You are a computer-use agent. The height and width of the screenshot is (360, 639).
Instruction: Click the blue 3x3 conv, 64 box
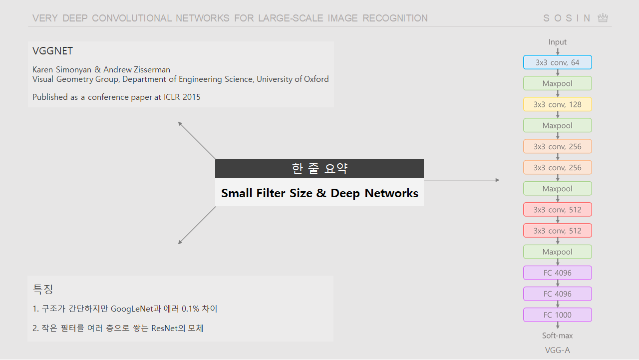coord(558,62)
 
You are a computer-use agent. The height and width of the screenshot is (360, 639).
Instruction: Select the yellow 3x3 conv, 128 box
coord(558,104)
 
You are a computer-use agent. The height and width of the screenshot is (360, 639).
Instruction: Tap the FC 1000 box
coord(558,315)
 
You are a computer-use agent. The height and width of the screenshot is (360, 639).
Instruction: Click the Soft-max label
coord(558,336)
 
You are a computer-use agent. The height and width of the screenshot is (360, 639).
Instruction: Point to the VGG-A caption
coord(558,350)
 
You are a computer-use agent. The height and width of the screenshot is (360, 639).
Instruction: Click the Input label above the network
coord(558,42)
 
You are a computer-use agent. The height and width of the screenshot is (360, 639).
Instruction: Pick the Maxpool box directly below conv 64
coord(558,83)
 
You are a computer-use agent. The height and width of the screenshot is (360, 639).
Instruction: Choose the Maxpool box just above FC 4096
coord(558,252)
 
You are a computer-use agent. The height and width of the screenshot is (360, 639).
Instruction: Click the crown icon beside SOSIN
coord(603,18)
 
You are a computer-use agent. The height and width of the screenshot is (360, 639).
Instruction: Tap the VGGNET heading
coord(53,51)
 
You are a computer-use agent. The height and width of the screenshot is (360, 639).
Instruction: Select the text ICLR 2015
coord(182,97)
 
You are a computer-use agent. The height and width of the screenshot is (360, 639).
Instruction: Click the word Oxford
coord(317,79)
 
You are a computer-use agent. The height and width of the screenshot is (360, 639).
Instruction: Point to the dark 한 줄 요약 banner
coord(319,168)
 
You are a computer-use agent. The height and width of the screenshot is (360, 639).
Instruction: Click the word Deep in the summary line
coord(345,193)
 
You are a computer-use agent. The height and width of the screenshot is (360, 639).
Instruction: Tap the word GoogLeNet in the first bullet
coord(132,309)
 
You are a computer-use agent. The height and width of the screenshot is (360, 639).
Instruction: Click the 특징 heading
coord(43,289)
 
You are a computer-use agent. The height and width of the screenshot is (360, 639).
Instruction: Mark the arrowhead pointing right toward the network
coord(497,180)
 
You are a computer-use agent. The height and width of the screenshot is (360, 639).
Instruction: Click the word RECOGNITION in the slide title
coord(395,18)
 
